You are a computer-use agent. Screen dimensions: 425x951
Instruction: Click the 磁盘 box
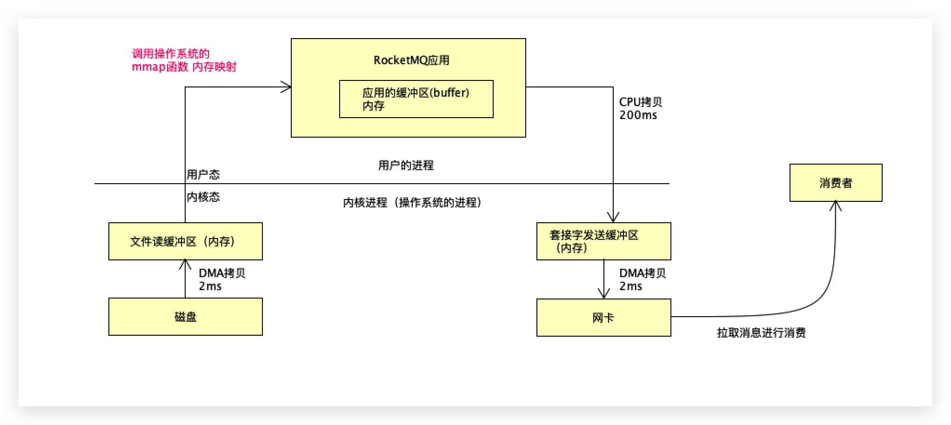[185, 317]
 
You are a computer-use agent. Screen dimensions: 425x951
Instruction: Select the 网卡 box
[603, 318]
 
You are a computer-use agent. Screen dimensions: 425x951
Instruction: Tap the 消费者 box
[836, 183]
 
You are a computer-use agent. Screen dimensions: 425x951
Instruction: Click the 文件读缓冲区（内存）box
[185, 241]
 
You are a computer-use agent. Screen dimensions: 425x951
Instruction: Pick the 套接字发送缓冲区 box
[603, 241]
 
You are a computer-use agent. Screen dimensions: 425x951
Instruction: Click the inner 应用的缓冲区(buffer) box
[416, 99]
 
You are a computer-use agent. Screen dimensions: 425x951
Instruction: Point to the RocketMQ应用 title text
[411, 60]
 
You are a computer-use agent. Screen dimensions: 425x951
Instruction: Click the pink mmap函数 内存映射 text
[184, 67]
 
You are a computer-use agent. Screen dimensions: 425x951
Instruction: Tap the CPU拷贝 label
[640, 102]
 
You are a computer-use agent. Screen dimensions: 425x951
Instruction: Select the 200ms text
[638, 115]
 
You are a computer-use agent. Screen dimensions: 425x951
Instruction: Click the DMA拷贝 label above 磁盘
[222, 273]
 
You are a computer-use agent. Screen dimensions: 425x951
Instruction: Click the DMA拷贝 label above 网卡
[642, 273]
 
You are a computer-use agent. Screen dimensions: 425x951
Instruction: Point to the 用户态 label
[203, 174]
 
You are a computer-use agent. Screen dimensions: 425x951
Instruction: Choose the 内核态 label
[203, 197]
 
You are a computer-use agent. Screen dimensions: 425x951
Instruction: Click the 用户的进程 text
[406, 165]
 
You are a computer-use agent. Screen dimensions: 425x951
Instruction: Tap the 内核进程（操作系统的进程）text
[412, 202]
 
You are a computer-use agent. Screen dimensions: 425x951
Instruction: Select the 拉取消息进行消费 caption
[761, 332]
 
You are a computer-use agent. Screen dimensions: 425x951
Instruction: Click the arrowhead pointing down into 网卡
[603, 293]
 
